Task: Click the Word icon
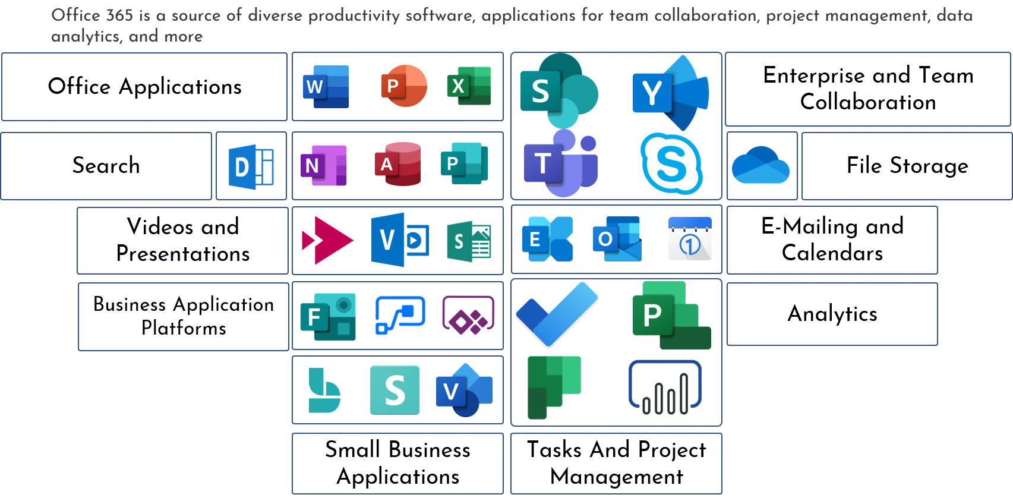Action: click(x=325, y=86)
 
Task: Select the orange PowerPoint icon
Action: click(x=403, y=86)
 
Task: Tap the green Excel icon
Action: click(x=470, y=87)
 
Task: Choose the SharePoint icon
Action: click(x=557, y=90)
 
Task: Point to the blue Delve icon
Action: click(x=251, y=166)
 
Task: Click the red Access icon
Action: click(x=397, y=164)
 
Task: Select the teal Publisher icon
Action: click(x=463, y=163)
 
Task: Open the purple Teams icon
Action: click(x=559, y=163)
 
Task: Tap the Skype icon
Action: click(x=671, y=163)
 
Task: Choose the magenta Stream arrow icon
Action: click(x=327, y=240)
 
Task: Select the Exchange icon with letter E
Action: click(x=546, y=240)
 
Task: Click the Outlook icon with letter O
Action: click(x=616, y=239)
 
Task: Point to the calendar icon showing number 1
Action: click(x=689, y=239)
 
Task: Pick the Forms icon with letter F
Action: click(x=327, y=316)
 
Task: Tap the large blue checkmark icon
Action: click(x=557, y=313)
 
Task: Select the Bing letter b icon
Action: click(x=324, y=390)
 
